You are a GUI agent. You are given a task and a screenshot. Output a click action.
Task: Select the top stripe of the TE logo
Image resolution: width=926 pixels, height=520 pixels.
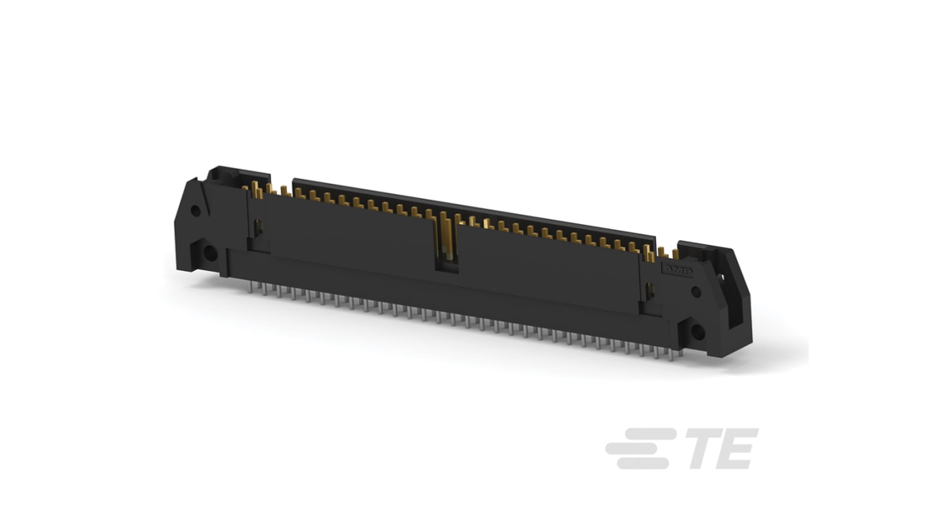pyautogui.click(x=650, y=433)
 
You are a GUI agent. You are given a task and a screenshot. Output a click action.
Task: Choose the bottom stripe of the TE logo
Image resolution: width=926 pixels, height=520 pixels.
pyautogui.click(x=643, y=463)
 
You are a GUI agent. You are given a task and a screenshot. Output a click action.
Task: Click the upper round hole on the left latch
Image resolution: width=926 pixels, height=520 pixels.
pyautogui.click(x=195, y=210)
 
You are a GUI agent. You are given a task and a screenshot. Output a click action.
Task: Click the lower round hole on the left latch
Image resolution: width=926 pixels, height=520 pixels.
pyautogui.click(x=210, y=253)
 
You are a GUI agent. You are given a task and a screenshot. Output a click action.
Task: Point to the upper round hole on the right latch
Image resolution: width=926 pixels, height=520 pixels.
pyautogui.click(x=696, y=292)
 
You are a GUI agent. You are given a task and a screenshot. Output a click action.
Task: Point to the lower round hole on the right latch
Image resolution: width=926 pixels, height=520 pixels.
pyautogui.click(x=698, y=332)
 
